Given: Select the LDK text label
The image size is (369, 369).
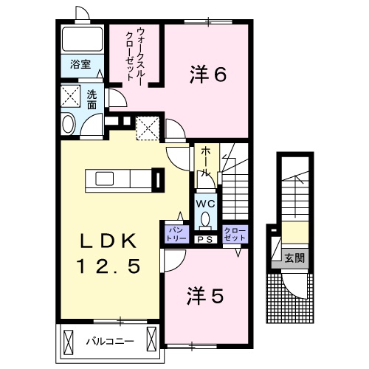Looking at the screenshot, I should pos(109,241).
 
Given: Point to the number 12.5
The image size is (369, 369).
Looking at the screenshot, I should pos(109,266).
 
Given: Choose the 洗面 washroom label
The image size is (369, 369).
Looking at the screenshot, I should pos(92,100).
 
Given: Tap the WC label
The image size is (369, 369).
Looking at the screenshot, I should pos(204,202).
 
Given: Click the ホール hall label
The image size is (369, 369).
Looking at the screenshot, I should pos(206,160).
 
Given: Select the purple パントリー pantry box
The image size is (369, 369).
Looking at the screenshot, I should pos(175,234).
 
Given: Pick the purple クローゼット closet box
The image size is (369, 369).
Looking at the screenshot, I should pos(235,234).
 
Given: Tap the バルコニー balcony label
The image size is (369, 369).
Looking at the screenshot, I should pos(108,341).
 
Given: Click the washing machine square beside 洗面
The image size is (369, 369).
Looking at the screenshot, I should pos(71,96).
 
